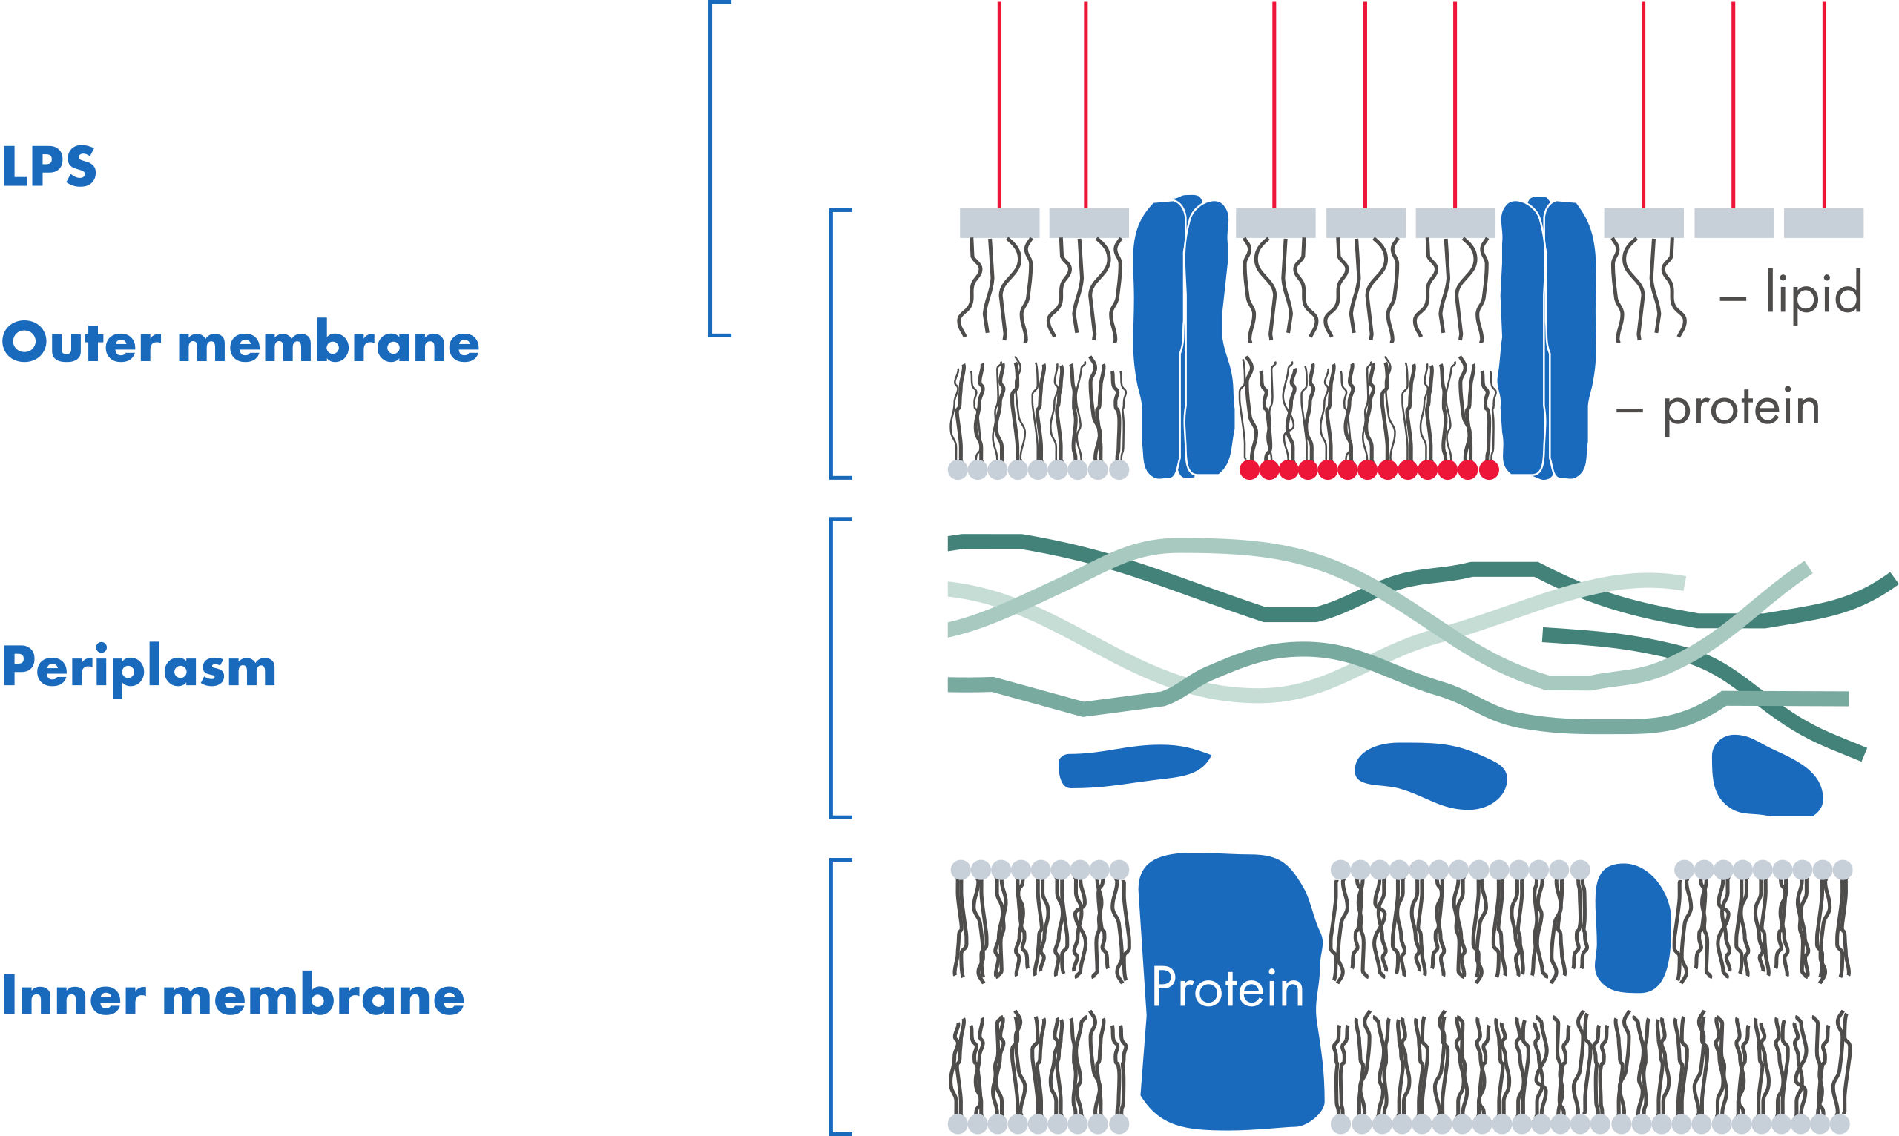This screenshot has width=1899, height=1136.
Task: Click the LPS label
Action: point(49,166)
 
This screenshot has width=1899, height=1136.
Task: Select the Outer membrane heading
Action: point(240,342)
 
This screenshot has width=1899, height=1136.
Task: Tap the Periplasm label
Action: point(139,667)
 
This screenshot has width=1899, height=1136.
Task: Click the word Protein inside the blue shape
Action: point(1228,988)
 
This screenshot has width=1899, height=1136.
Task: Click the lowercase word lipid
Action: point(1813,292)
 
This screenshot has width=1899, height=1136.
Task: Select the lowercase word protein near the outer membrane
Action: point(1740,407)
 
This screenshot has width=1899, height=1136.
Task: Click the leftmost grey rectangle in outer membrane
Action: point(999,222)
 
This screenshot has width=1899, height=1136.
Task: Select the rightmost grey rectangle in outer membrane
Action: point(1823,222)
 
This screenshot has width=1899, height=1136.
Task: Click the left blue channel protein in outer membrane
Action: point(1182,337)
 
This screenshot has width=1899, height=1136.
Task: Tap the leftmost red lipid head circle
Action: point(1249,470)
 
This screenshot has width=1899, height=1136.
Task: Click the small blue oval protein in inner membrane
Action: point(1633,927)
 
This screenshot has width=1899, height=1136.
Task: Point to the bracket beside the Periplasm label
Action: point(833,668)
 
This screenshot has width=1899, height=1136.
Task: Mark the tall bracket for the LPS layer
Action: point(711,168)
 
